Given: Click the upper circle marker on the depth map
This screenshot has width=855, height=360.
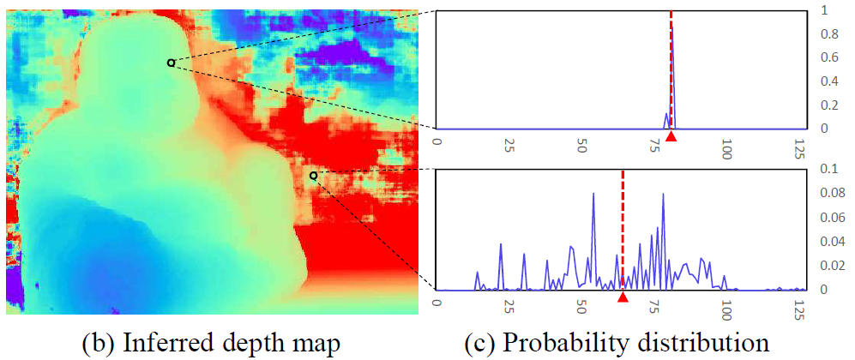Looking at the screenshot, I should pos(171,62).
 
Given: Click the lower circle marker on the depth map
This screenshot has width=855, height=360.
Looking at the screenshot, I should pos(313,175).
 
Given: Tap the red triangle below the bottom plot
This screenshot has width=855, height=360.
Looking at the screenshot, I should pos(623,297).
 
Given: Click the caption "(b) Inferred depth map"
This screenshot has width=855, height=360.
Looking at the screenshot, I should pos(211,342).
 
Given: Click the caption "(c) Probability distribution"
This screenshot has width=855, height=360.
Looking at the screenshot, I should pos(617,342).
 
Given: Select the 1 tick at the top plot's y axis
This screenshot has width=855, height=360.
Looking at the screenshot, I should pos(824,10).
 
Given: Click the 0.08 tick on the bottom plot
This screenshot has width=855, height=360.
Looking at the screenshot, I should pos(826,193).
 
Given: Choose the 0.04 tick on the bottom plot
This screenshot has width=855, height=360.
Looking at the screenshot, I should pos(826,242).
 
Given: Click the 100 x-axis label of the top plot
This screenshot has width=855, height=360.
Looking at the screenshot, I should pos(727,147).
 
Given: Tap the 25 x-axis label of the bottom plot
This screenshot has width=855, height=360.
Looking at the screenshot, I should pos(509,307).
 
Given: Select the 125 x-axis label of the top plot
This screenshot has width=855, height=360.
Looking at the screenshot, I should pos(800,147).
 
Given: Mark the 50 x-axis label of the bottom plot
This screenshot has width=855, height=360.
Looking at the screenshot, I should pos(582,307).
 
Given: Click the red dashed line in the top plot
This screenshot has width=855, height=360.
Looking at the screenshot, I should pos(671,51).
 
